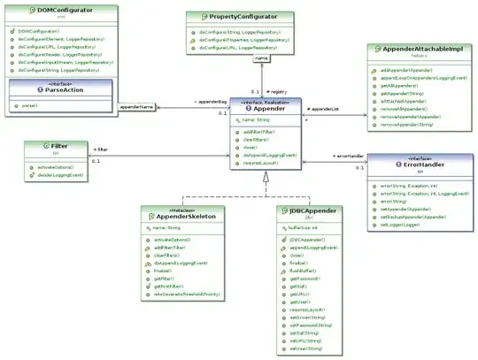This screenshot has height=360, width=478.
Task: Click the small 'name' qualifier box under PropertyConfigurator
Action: click(x=262, y=58)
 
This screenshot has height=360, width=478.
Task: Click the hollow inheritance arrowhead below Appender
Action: click(x=265, y=178)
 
